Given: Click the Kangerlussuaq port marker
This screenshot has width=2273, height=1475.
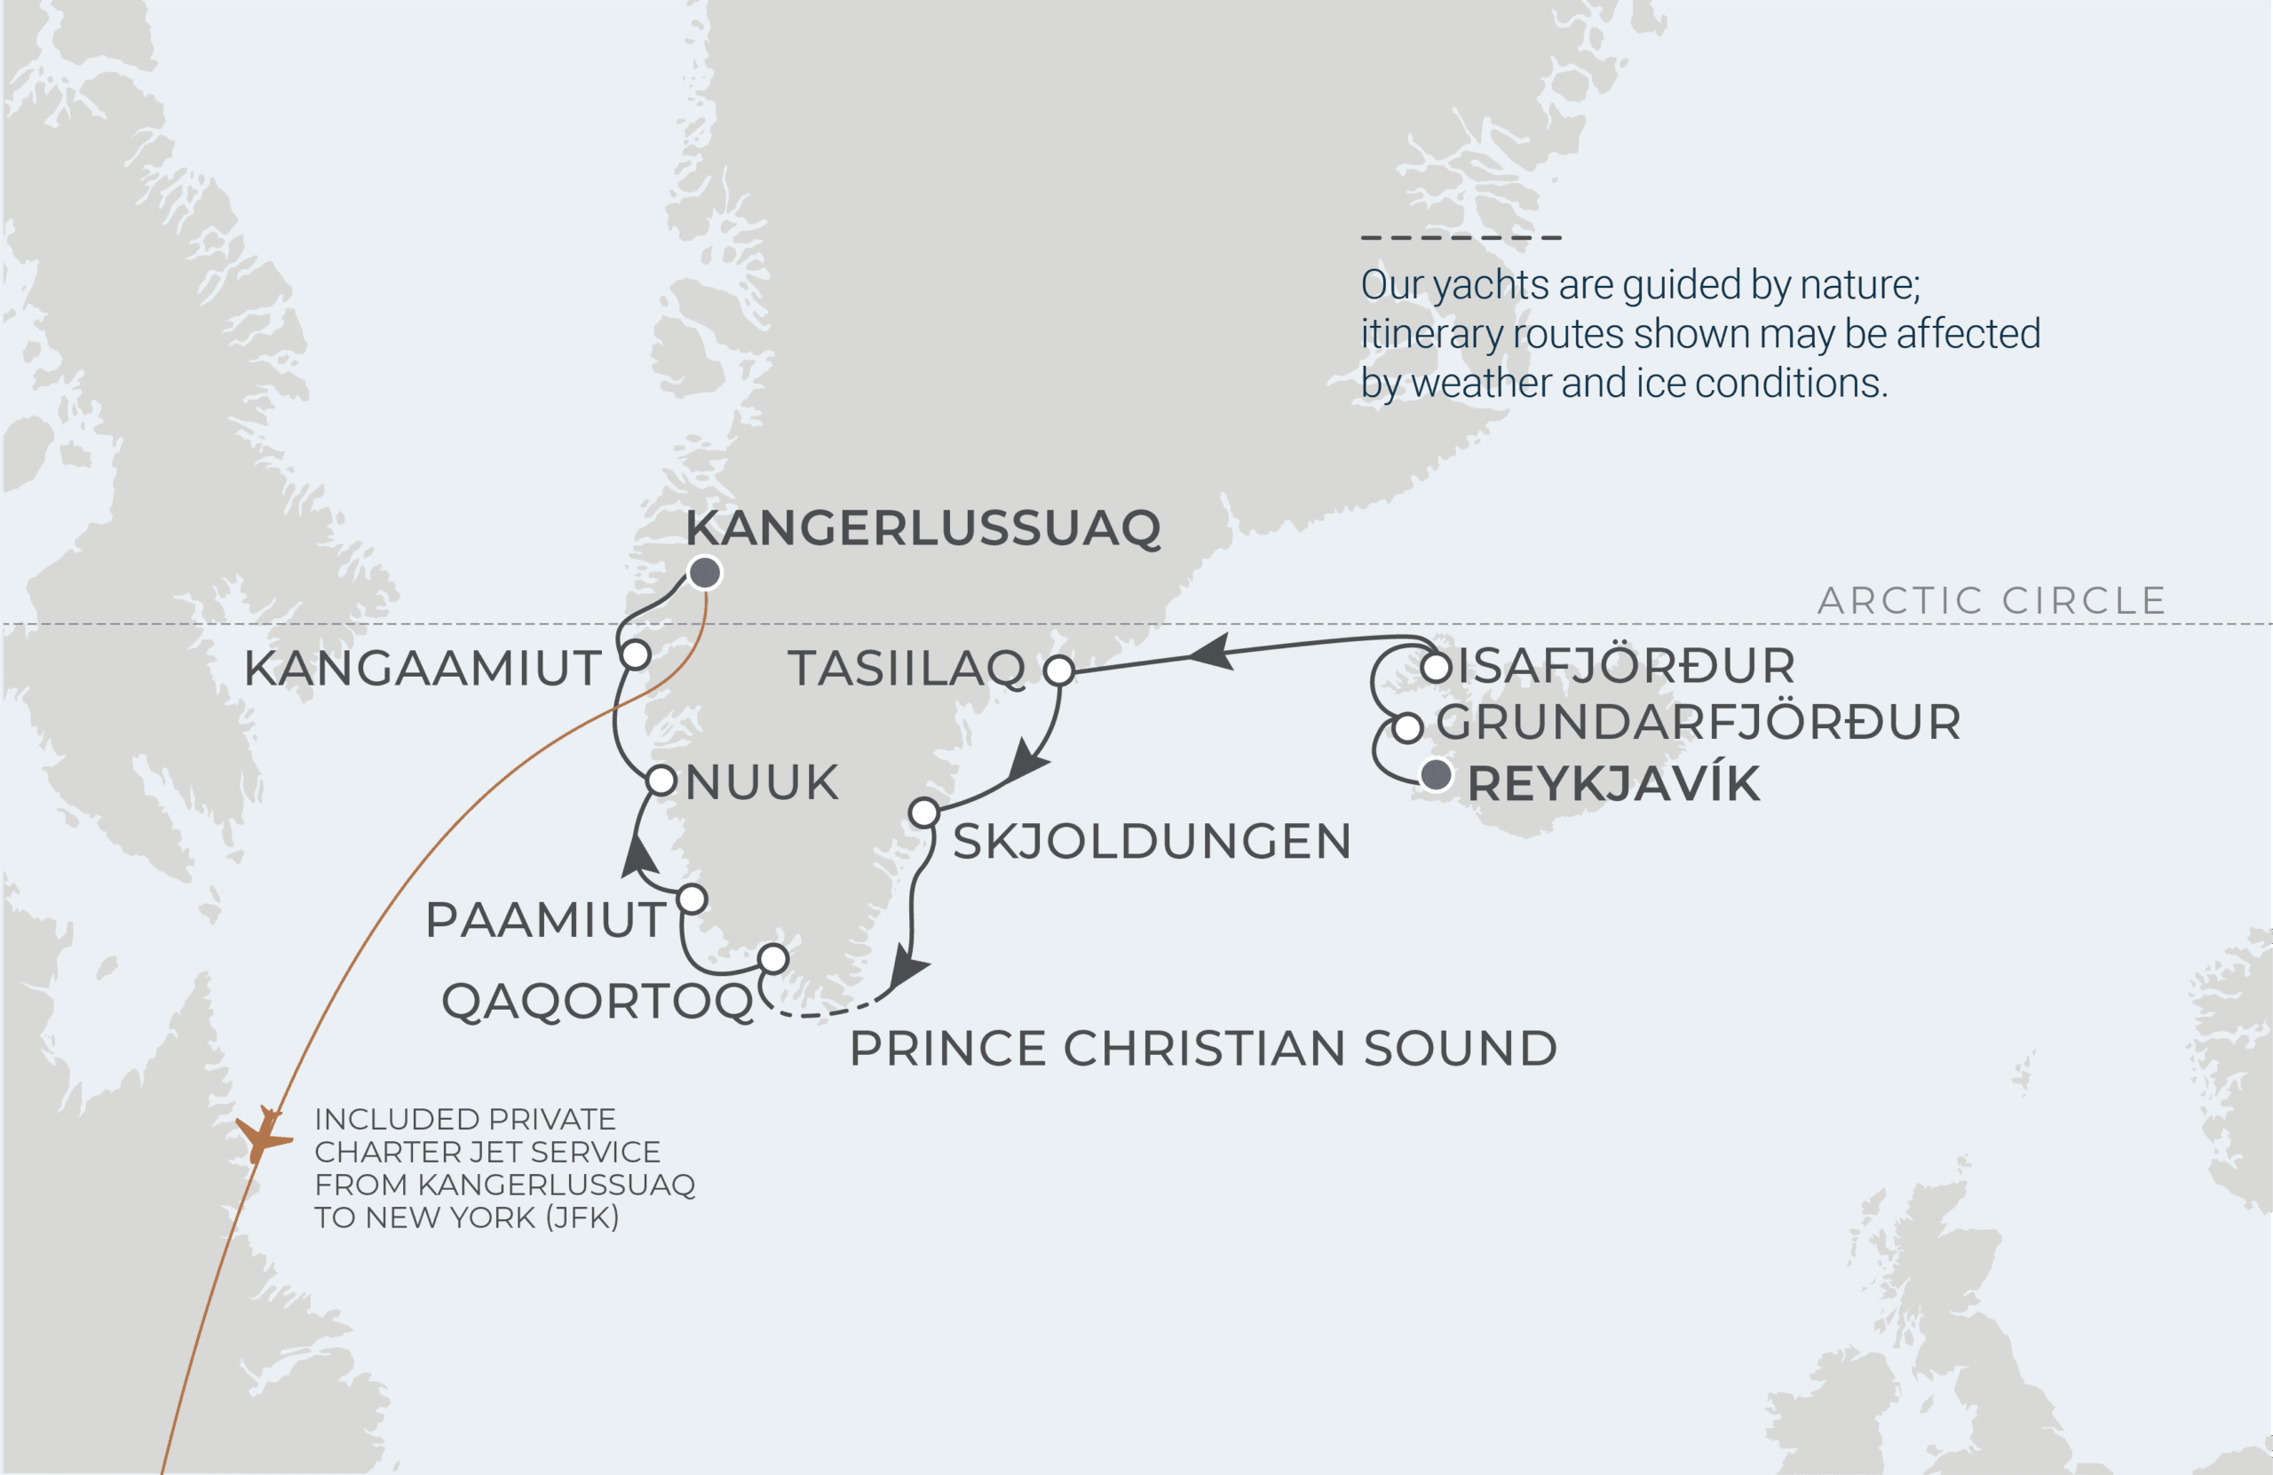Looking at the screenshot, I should (705, 573).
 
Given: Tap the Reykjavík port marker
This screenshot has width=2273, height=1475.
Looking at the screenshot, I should (1436, 774).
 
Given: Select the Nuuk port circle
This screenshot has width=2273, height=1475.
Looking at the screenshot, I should (661, 781).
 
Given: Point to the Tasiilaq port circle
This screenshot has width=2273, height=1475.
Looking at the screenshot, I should (1059, 670).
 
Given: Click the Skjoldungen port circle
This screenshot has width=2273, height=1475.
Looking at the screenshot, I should (923, 813).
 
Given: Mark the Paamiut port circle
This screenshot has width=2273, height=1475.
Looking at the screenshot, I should (693, 899).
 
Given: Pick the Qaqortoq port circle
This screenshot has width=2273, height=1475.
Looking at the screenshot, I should (773, 958).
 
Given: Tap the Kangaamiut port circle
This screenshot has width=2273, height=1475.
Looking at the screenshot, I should (636, 655).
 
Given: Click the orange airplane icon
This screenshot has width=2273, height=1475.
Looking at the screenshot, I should (263, 1134).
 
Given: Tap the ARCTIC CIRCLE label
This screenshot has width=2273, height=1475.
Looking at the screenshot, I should (1992, 601).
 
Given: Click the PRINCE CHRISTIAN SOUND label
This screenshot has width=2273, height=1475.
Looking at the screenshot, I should (1203, 1049).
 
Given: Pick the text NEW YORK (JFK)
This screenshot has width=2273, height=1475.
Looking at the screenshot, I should (492, 1218).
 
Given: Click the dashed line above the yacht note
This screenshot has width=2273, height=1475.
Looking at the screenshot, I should (1461, 238).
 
